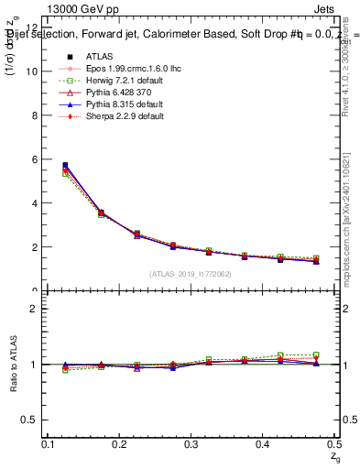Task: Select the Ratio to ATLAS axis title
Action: pyautogui.click(x=12, y=365)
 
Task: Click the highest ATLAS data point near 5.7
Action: pyautogui.click(x=65, y=166)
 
